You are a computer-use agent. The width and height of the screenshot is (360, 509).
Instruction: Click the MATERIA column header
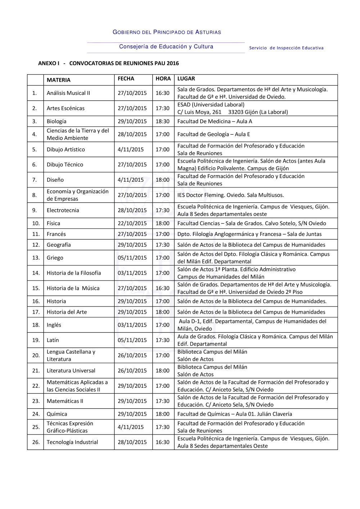coord(59,80)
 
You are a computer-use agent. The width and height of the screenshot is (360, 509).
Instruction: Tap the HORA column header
coord(163,78)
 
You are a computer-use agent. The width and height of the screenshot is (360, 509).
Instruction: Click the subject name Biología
coord(57,121)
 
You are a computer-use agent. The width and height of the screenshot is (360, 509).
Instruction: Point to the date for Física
coord(132,223)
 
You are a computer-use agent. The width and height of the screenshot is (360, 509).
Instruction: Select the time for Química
coord(162,414)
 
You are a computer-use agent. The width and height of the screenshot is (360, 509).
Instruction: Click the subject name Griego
coord(55,258)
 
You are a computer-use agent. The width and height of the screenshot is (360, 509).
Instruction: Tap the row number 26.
coord(36,442)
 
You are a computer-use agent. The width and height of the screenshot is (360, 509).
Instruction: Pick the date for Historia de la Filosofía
coord(132,273)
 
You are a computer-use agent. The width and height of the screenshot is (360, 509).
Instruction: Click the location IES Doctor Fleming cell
coord(230,195)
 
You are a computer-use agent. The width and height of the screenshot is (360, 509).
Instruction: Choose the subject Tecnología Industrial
coord(72,442)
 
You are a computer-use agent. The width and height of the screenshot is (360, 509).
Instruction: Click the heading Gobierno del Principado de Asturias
coord(167,32)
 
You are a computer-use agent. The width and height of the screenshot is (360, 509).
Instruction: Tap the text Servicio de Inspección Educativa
coord(286,48)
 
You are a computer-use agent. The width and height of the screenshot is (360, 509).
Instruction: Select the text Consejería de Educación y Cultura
coord(166,46)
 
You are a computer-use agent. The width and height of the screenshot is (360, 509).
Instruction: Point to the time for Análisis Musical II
coord(162,93)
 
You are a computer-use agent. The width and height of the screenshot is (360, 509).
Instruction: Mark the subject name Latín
coord(53,340)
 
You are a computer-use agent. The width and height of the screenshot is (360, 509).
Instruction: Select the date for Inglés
coord(132,325)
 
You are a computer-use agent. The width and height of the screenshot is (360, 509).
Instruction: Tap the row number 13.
coord(36,258)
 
